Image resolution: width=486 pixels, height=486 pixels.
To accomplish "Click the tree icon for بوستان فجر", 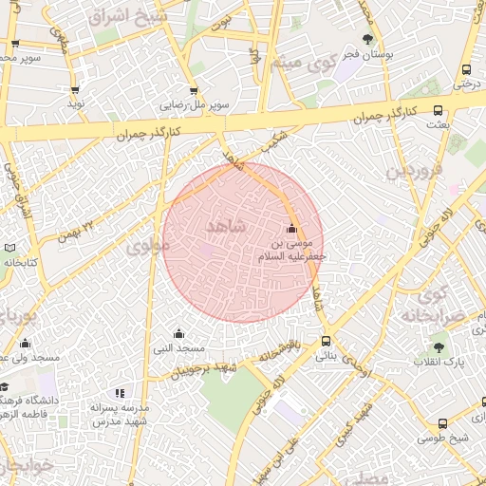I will coord(367,39).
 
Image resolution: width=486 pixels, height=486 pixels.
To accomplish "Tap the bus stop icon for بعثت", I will coord(438,110).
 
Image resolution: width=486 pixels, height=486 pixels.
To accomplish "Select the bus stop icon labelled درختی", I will coord(466,69).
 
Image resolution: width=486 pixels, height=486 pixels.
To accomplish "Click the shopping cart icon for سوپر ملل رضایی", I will coord(194,91).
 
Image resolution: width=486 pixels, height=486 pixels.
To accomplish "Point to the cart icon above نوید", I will coord(75,90).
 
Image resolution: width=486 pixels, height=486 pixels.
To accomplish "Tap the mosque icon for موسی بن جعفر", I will coord(291,229).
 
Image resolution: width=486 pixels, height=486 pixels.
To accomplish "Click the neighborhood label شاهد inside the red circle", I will coord(224,226).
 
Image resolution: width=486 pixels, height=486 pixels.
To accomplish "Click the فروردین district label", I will coord(414,174).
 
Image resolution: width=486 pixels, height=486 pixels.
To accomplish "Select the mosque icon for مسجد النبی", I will coord(178,333).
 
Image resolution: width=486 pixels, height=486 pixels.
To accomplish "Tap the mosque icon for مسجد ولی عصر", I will coord(25,343).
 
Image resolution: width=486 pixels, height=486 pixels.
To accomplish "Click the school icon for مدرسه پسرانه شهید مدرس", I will coord(120,393).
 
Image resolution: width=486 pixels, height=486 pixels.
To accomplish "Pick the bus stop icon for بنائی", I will coord(326,341).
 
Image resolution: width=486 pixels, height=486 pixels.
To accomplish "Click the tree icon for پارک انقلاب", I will coord(438,347).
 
